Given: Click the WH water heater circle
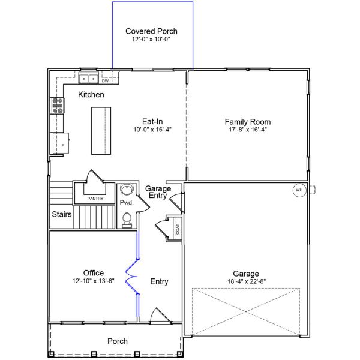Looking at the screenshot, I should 299,190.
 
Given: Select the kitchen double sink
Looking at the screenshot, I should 89,78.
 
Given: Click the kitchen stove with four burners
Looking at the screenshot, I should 58,106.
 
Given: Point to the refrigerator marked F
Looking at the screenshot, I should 62,145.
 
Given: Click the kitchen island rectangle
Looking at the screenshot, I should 101,130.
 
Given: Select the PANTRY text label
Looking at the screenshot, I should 95,199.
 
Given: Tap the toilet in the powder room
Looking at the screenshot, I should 126,222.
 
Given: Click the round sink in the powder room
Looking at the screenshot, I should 126,191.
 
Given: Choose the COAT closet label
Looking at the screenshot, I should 176,228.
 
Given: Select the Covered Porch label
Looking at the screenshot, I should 151,31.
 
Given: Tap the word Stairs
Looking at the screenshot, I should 61,214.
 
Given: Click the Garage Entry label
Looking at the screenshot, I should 158,192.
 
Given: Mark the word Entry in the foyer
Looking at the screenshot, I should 159,281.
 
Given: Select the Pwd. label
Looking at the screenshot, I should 126,203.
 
